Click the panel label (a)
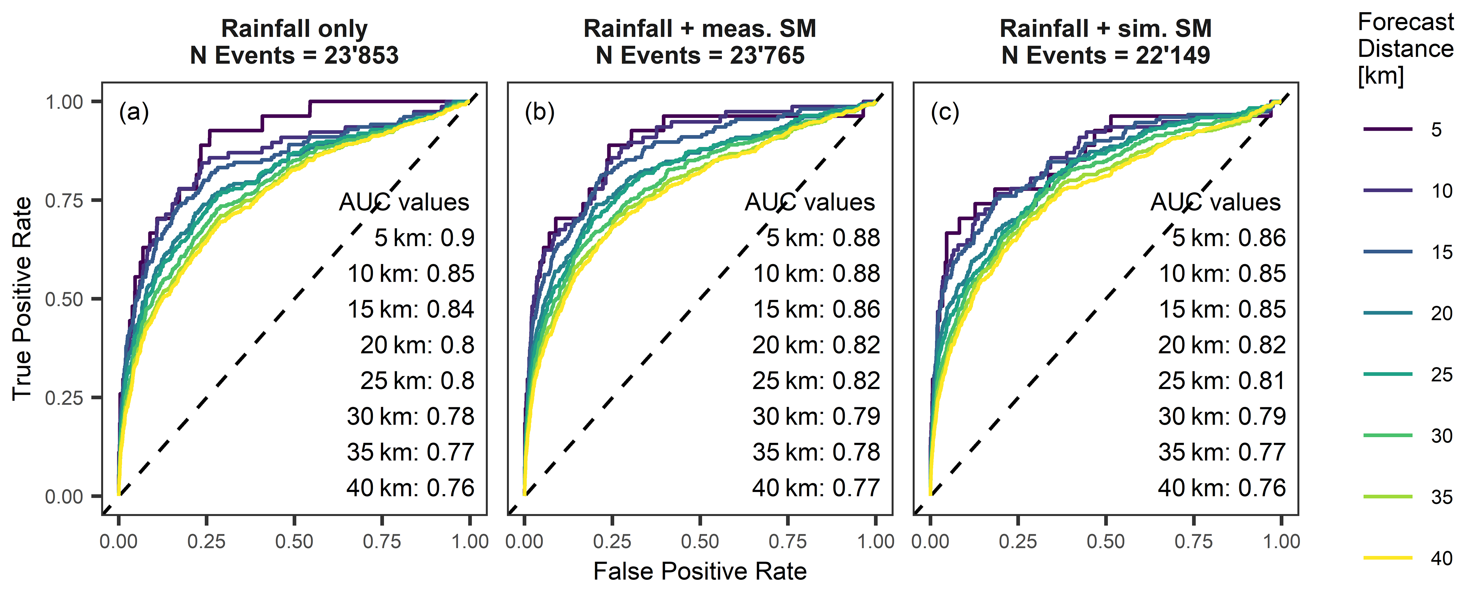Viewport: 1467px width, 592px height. pyautogui.click(x=134, y=113)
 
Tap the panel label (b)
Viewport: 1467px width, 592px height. pyautogui.click(x=539, y=113)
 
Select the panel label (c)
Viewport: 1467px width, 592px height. pyautogui.click(x=945, y=113)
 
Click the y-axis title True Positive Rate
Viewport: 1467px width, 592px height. pyautogui.click(x=22, y=298)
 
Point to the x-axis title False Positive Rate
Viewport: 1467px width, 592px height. pyautogui.click(x=700, y=571)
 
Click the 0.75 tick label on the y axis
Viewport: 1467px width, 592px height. pyautogui.click(x=64, y=200)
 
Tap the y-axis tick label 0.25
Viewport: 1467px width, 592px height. pyautogui.click(x=64, y=397)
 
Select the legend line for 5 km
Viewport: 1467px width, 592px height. pyautogui.click(x=1388, y=129)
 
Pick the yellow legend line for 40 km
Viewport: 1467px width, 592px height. pyautogui.click(x=1388, y=558)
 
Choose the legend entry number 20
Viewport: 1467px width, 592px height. pyautogui.click(x=1442, y=313)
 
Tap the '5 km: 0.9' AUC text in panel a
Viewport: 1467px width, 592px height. pyautogui.click(x=424, y=238)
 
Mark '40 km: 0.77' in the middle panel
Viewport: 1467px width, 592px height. pyautogui.click(x=816, y=488)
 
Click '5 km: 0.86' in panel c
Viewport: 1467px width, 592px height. pyautogui.click(x=1228, y=238)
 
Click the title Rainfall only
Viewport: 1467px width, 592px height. pyautogui.click(x=294, y=29)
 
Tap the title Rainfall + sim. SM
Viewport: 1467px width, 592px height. pyautogui.click(x=1105, y=29)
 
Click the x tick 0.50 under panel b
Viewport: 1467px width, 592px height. pyautogui.click(x=700, y=541)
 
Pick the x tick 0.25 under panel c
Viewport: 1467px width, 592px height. pyautogui.click(x=1018, y=541)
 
